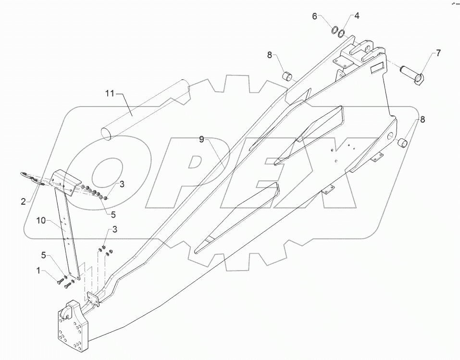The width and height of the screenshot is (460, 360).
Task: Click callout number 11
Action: tap(110, 93)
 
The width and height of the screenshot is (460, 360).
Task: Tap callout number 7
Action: tap(438, 53)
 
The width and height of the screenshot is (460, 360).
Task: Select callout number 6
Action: tap(315, 16)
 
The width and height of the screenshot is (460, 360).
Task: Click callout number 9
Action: tap(202, 139)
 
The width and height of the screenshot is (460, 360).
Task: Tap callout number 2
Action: tap(23, 201)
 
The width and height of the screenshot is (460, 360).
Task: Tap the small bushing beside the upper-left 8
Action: tap(287, 76)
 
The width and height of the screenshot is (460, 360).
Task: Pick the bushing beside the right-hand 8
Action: tap(402, 142)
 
